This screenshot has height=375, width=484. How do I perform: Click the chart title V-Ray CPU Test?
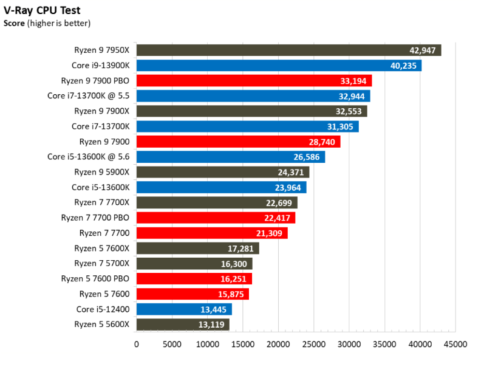click(x=42, y=10)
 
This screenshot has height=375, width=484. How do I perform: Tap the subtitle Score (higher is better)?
click(x=47, y=24)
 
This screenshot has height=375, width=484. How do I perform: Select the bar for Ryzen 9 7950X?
click(x=289, y=50)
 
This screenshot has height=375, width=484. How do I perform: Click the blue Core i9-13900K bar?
click(x=279, y=66)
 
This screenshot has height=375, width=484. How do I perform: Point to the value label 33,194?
click(x=353, y=81)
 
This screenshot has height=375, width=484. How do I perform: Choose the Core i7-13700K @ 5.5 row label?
click(x=88, y=96)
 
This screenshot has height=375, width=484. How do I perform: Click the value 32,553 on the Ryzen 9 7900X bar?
click(x=349, y=111)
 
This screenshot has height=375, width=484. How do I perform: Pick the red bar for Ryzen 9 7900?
click(x=239, y=142)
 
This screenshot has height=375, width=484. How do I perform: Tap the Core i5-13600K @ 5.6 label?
click(x=88, y=157)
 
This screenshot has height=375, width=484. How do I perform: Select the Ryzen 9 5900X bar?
click(x=223, y=172)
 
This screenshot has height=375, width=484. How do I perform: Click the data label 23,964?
click(x=288, y=187)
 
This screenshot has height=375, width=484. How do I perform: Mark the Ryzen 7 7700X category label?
click(x=102, y=202)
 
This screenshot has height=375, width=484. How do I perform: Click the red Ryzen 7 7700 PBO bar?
click(x=216, y=218)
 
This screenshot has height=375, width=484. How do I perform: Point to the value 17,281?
click(x=240, y=249)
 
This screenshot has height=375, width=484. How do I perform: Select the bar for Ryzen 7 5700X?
click(x=194, y=264)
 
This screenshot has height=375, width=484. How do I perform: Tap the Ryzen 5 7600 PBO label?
click(x=95, y=278)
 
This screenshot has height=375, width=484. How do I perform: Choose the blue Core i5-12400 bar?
click(x=184, y=309)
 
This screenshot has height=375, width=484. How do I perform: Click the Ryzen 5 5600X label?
click(x=102, y=325)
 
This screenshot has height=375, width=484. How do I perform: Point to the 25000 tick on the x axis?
click(x=313, y=344)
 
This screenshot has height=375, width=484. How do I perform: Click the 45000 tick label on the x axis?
click(x=455, y=344)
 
